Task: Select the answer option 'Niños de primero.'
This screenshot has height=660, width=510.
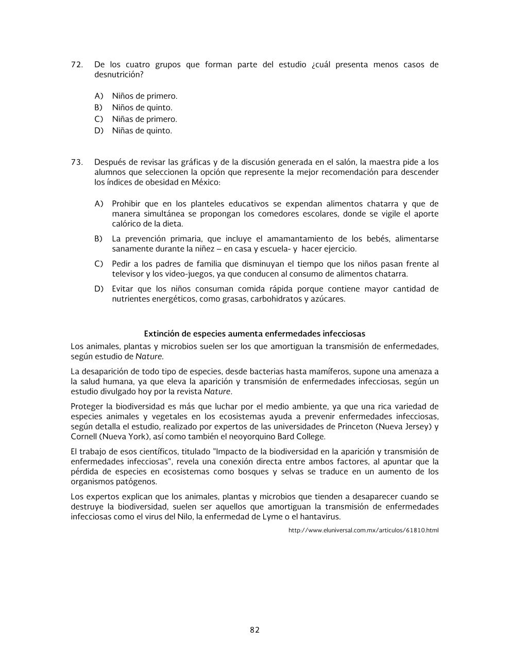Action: pos(144,96)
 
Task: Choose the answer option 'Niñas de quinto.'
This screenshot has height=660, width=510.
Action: pos(142,130)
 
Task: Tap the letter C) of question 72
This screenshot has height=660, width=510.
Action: pos(98,119)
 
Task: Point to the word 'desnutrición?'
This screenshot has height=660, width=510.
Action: pos(118,75)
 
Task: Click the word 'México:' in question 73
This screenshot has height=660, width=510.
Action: pos(206,182)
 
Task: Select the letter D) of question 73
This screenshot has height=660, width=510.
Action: pos(99,289)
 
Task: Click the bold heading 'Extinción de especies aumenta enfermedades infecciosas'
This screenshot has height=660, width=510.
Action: pos(254,334)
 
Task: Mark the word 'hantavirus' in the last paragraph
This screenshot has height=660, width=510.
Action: pos(319,517)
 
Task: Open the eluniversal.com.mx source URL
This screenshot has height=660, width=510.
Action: pos(363,530)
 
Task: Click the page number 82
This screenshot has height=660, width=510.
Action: pos(254,630)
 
